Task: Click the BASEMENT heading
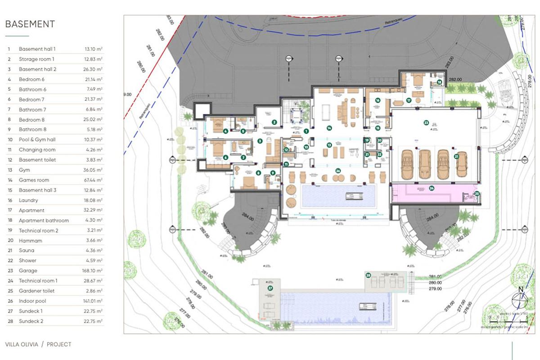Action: click(30, 24)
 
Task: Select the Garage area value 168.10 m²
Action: click(93, 271)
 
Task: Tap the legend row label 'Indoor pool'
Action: click(32, 301)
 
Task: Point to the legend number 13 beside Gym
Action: click(9, 170)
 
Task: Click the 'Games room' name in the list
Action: click(34, 180)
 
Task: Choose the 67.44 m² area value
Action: click(93, 180)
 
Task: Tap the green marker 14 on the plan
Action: click(329, 128)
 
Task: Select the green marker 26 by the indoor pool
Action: click(338, 171)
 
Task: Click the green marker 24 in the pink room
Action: click(431, 188)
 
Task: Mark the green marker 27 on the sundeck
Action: click(270, 288)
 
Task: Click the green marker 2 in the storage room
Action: click(274, 122)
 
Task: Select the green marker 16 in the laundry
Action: click(378, 100)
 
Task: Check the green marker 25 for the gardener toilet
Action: click(477, 194)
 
